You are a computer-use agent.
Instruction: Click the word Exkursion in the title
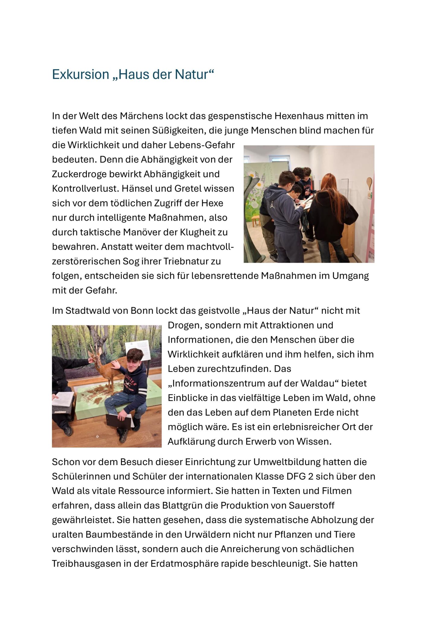click(x=80, y=75)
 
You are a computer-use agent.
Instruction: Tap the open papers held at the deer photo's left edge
click(x=63, y=399)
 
